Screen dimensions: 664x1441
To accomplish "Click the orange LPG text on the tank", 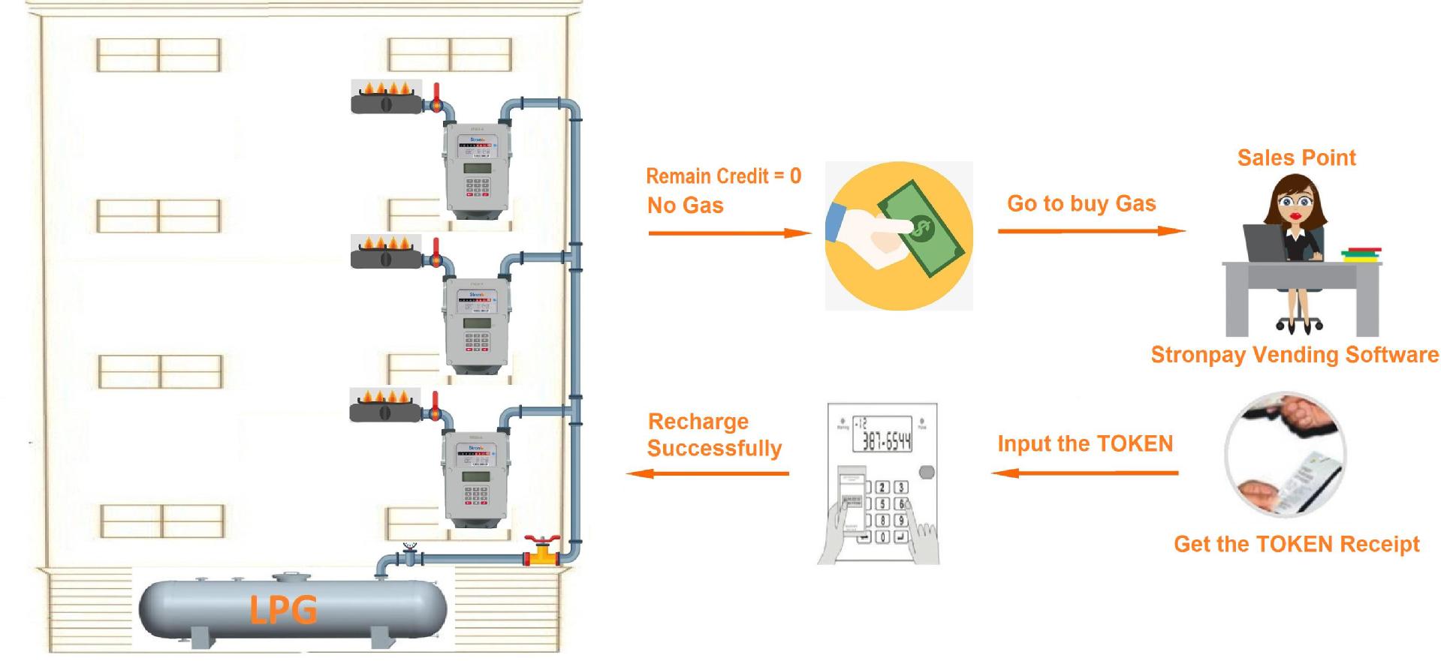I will point(283,608).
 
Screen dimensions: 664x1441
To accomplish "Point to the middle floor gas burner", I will point(386,253).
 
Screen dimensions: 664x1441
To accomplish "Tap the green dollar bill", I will point(918,227).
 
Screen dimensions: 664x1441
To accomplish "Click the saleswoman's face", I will point(1295,203).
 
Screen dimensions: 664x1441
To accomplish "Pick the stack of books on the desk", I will point(1361,255).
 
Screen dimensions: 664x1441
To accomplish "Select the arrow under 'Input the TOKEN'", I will point(1084,473).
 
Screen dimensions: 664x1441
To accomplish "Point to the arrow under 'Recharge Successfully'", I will point(707,473).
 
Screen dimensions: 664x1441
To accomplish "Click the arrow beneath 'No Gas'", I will point(729,233).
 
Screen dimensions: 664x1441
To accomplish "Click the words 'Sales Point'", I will point(1296,158).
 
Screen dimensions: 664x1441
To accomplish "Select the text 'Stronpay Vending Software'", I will point(1295,355).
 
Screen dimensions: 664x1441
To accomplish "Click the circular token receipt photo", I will point(1285,453).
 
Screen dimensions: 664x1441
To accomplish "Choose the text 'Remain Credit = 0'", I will point(723,176).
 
